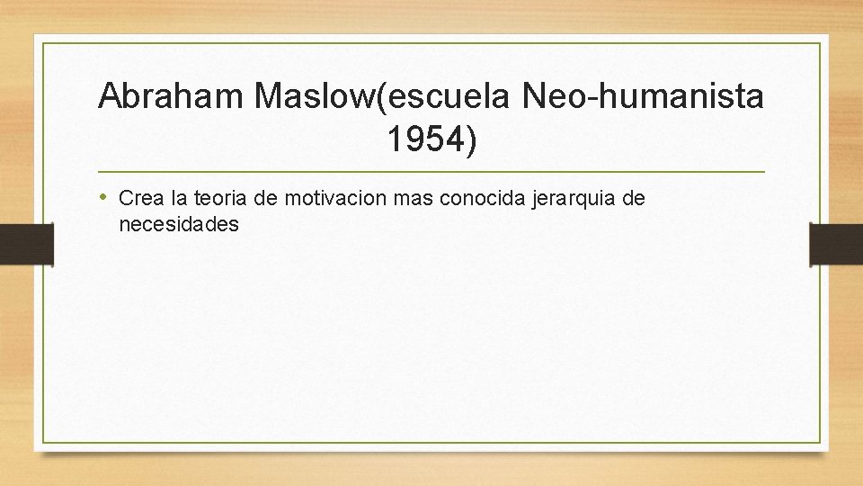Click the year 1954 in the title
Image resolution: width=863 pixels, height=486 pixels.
click(x=423, y=139)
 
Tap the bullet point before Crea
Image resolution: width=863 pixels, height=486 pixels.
click(x=105, y=197)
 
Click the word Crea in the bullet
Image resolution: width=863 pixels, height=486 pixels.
click(x=139, y=198)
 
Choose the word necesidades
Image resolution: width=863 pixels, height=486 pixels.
click(x=179, y=225)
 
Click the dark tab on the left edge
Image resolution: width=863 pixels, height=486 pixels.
click(x=26, y=243)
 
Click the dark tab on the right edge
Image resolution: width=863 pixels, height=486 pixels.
click(x=836, y=243)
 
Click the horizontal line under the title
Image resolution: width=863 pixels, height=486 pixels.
click(x=431, y=171)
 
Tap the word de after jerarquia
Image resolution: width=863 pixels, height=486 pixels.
click(x=633, y=198)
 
